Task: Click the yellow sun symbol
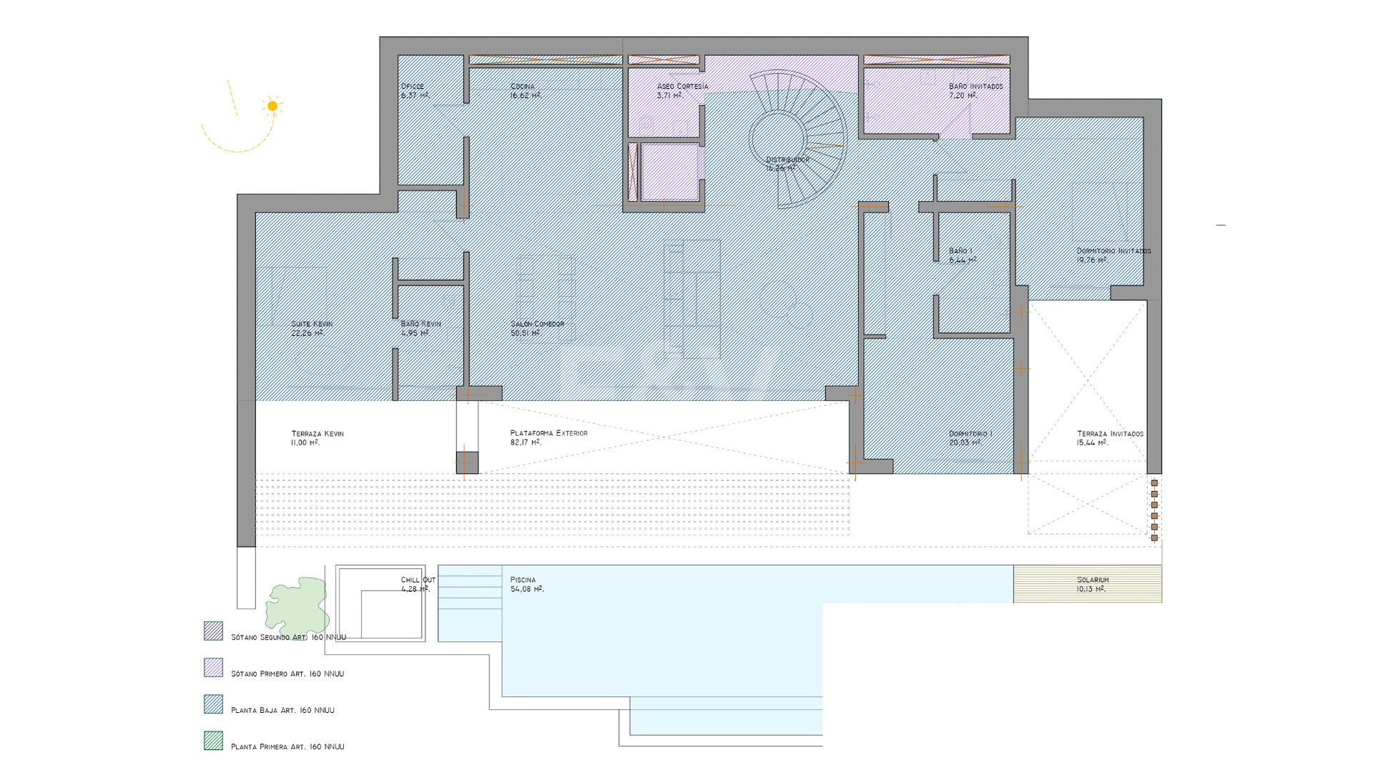pos(272,106)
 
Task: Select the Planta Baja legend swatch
pos(213,704)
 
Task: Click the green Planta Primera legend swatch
pos(213,741)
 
